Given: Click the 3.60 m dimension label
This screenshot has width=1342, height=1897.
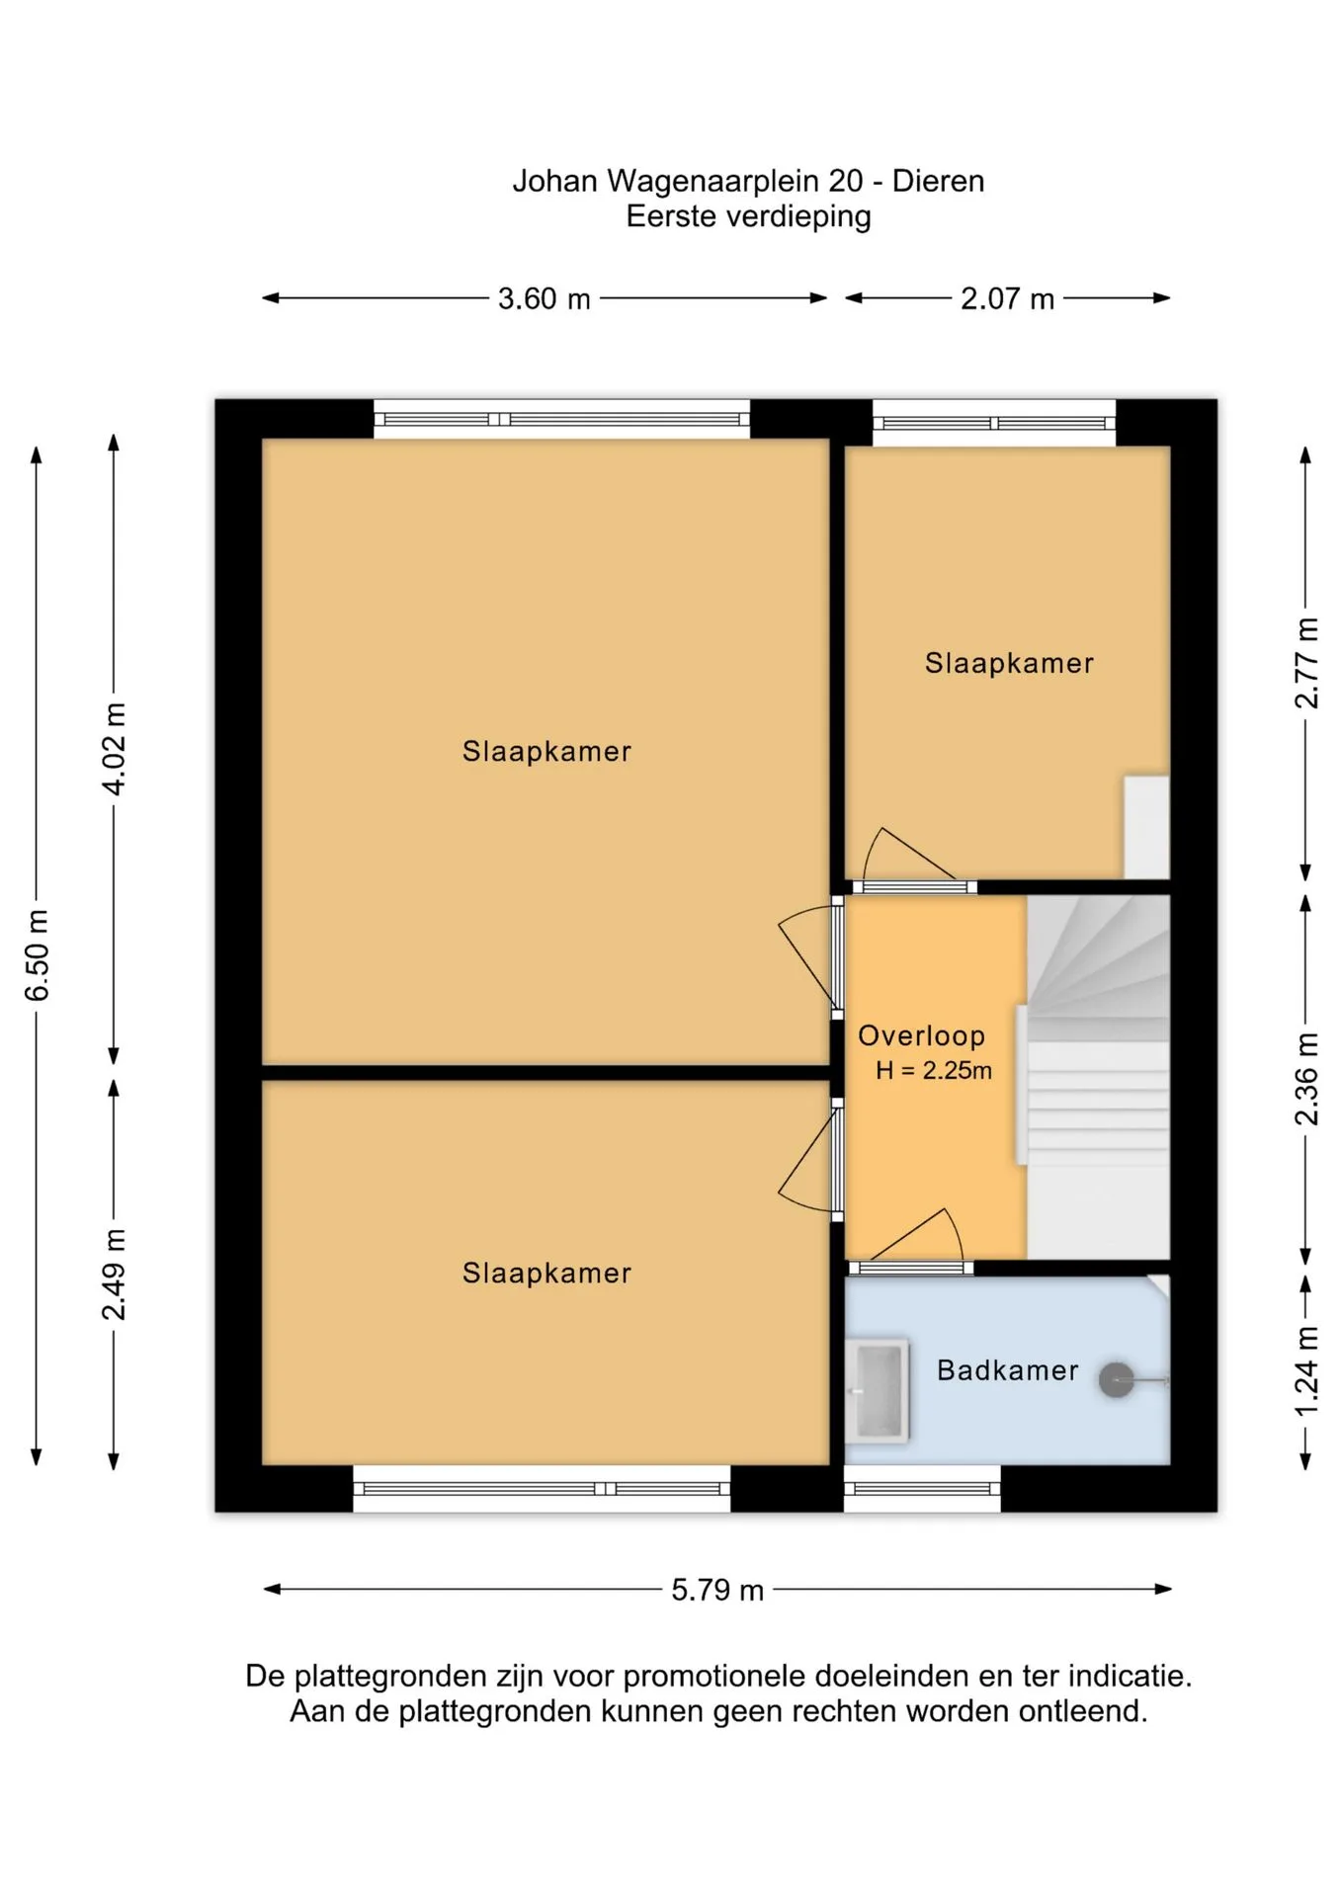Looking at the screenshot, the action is point(544,298).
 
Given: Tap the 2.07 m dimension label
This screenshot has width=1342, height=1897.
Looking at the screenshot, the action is point(1007,298).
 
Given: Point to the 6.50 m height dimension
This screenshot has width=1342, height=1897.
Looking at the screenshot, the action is point(37,955).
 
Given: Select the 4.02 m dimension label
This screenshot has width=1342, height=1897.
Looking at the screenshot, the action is point(115,749).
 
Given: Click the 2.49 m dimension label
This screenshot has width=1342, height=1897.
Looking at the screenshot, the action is point(115,1275).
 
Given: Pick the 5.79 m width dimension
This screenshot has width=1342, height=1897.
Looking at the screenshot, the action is point(717,1590).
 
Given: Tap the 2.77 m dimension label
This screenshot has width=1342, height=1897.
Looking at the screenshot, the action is point(1306,663).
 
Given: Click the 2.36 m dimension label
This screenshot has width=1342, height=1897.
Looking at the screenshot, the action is point(1306,1079).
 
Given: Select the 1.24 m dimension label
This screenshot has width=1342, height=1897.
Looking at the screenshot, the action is point(1306,1371).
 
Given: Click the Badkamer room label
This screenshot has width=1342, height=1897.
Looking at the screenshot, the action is point(1007,1370).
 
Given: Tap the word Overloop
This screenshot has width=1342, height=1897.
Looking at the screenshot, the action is point(921,1035).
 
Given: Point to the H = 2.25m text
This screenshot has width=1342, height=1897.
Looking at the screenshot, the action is point(934,1070).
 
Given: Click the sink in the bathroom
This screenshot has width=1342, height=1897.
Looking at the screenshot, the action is point(877,1391).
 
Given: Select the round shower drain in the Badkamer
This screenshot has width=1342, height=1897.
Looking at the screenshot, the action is point(1117,1380).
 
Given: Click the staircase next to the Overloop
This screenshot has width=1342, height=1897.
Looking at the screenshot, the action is point(1098,1077).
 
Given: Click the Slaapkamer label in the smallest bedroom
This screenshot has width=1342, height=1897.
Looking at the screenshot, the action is point(1009,663).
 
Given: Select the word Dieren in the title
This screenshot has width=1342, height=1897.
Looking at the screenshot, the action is point(938,181).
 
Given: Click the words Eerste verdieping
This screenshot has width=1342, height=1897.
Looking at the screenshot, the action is point(748,216).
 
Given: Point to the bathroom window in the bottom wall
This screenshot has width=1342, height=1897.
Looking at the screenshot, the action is point(922,1489).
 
